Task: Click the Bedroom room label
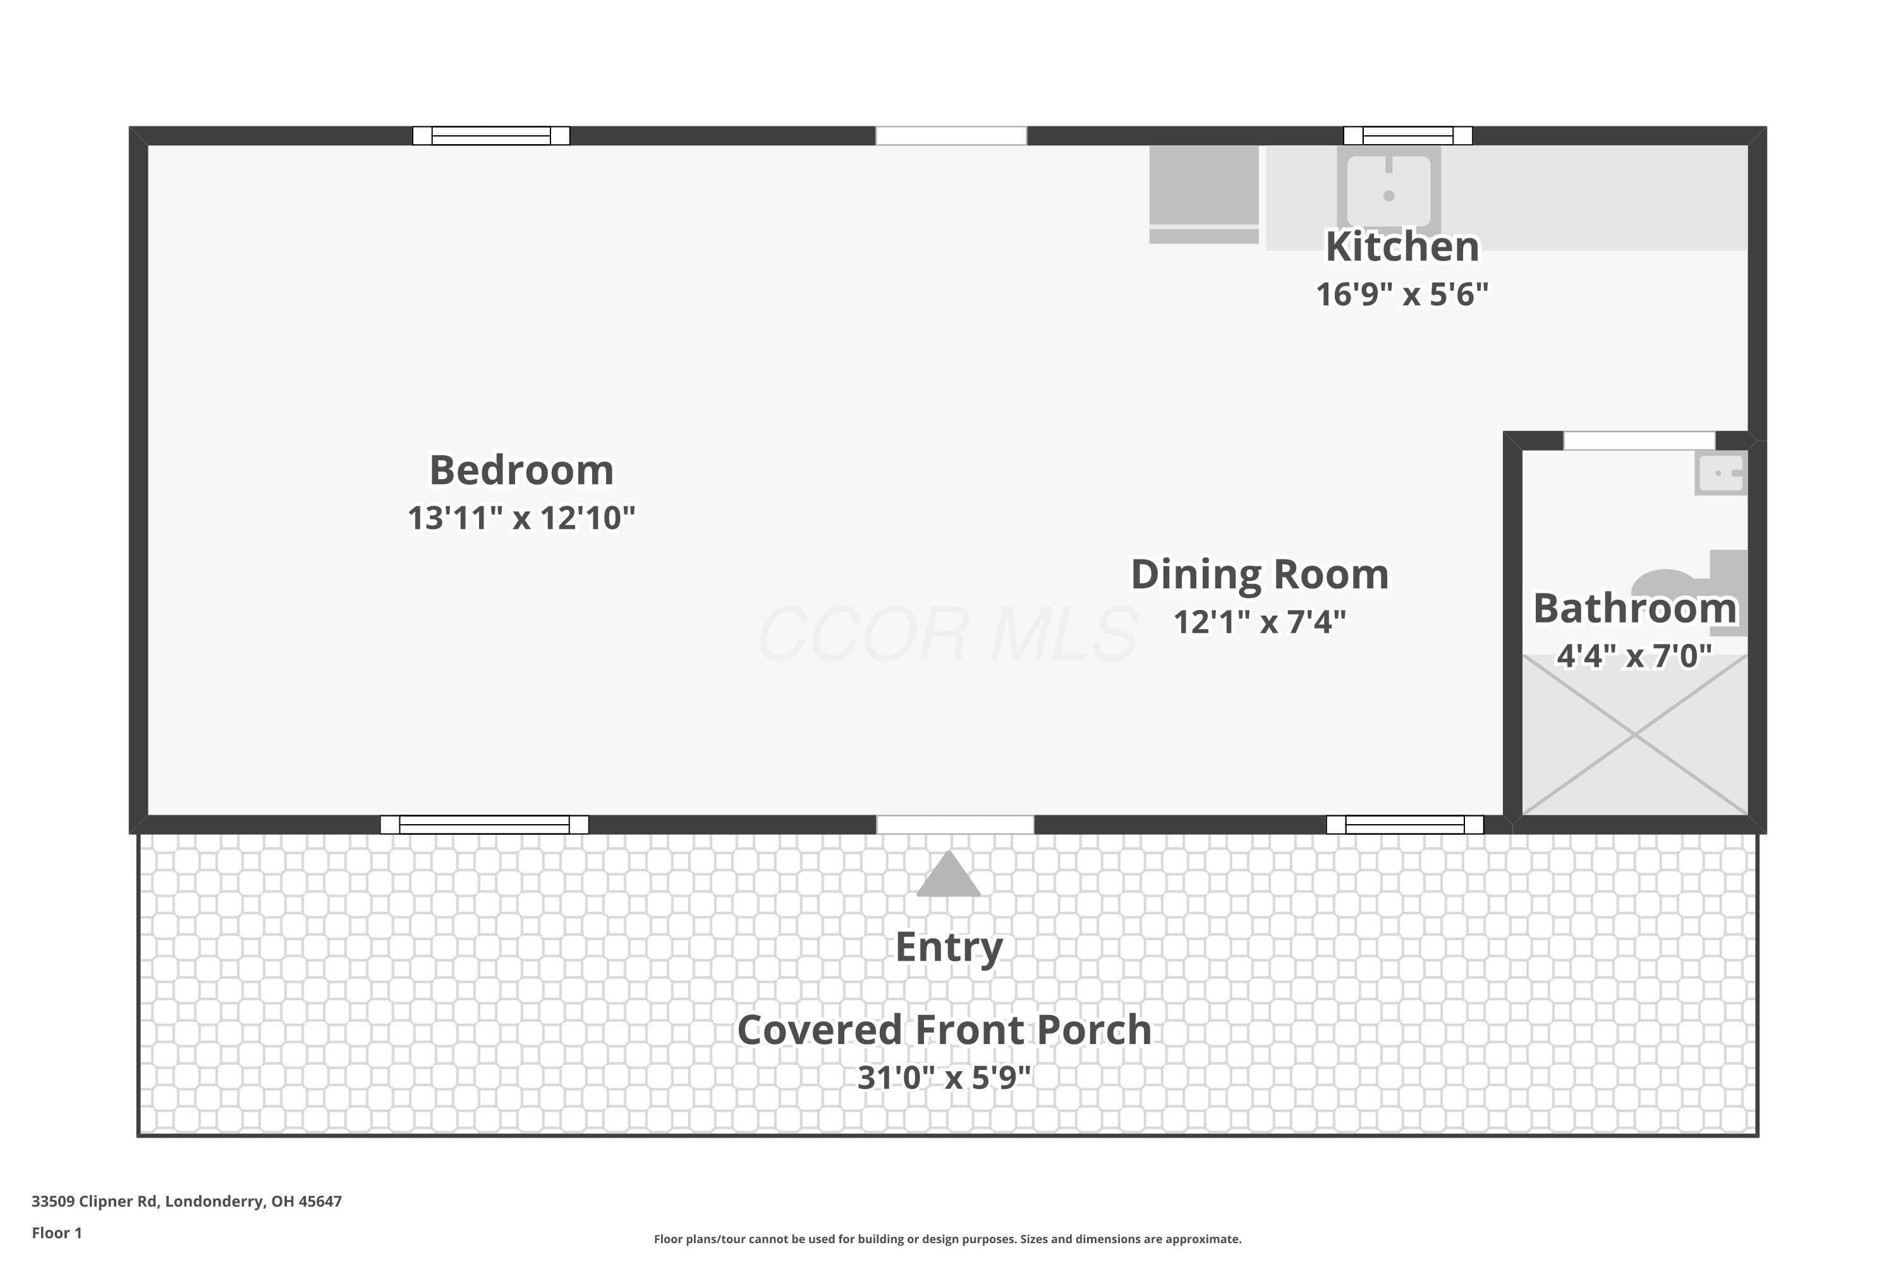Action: point(521,470)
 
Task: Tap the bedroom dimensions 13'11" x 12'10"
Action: point(521,518)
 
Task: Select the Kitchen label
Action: point(1402,246)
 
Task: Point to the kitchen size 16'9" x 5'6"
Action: point(1402,295)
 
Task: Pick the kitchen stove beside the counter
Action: point(1203,194)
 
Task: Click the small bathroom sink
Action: point(1720,474)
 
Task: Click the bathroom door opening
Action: point(1639,441)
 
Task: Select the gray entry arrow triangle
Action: point(948,874)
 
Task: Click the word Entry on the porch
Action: point(949,947)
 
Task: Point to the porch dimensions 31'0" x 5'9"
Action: point(944,1077)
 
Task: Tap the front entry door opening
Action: point(954,825)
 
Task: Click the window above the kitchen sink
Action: point(1407,135)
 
